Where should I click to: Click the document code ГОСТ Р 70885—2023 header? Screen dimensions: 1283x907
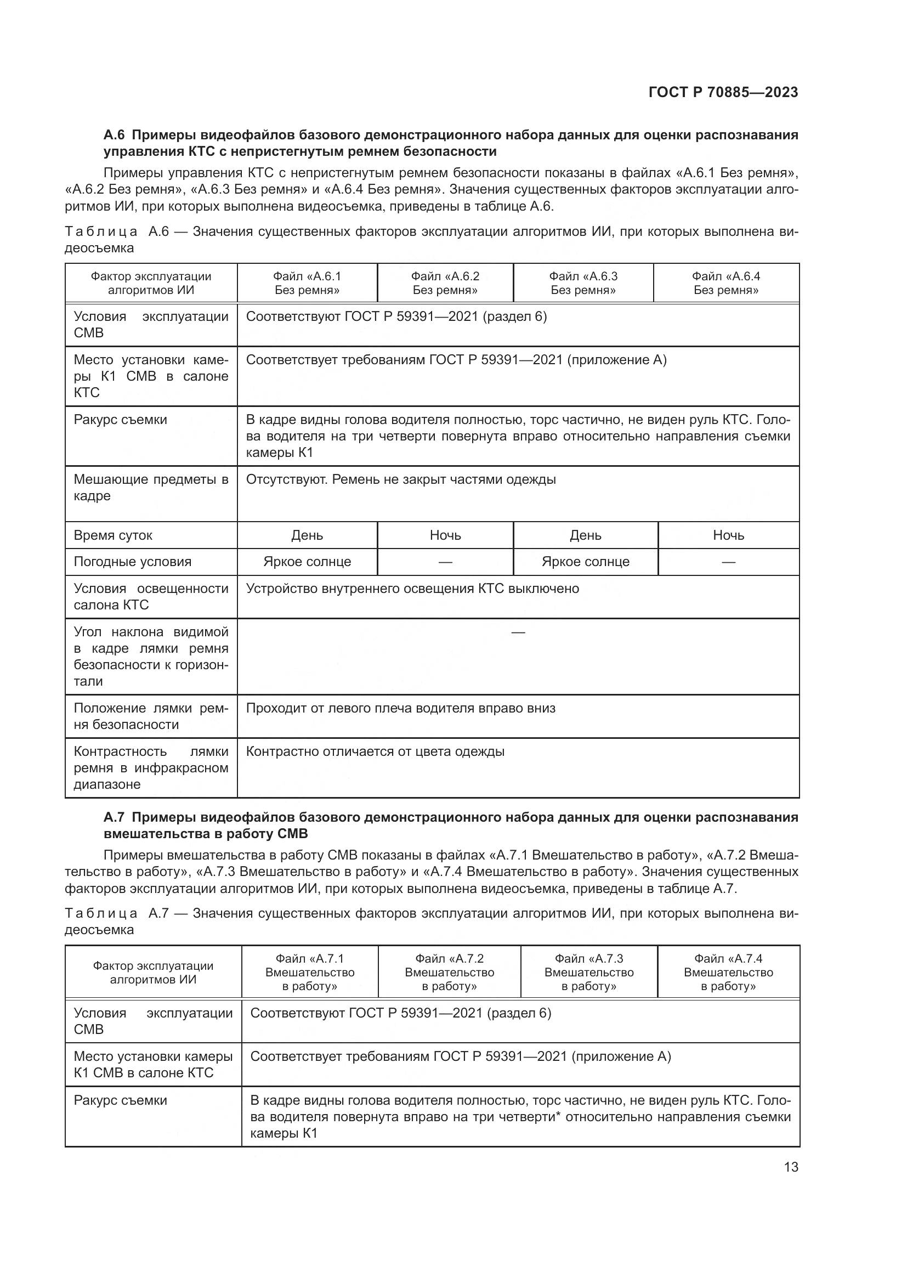pos(723,92)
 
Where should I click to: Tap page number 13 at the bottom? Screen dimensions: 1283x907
pos(791,1167)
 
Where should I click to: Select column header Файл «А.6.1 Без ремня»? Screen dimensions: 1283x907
pos(307,282)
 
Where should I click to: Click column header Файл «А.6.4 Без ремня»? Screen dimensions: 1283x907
pos(725,282)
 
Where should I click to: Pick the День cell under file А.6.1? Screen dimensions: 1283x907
pos(307,535)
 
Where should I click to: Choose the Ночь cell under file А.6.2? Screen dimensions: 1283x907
pos(445,535)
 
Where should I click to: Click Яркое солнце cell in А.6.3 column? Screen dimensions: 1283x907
pos(585,562)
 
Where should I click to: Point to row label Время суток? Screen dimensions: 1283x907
pos(113,535)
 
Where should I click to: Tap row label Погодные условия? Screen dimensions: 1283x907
pos(132,562)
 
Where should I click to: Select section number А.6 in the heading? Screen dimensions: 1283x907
pos(114,135)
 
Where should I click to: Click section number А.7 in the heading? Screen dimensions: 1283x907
pos(114,817)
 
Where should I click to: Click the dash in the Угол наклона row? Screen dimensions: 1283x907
pos(518,632)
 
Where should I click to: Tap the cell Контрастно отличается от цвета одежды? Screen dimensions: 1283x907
pos(375,751)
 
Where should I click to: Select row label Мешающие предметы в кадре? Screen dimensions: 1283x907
pos(151,487)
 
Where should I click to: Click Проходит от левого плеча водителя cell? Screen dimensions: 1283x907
pos(400,708)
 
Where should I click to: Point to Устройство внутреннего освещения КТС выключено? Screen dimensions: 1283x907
pos(412,589)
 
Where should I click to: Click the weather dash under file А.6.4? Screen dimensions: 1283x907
pos(728,562)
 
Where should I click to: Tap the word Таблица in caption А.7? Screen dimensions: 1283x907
pos(101,914)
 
